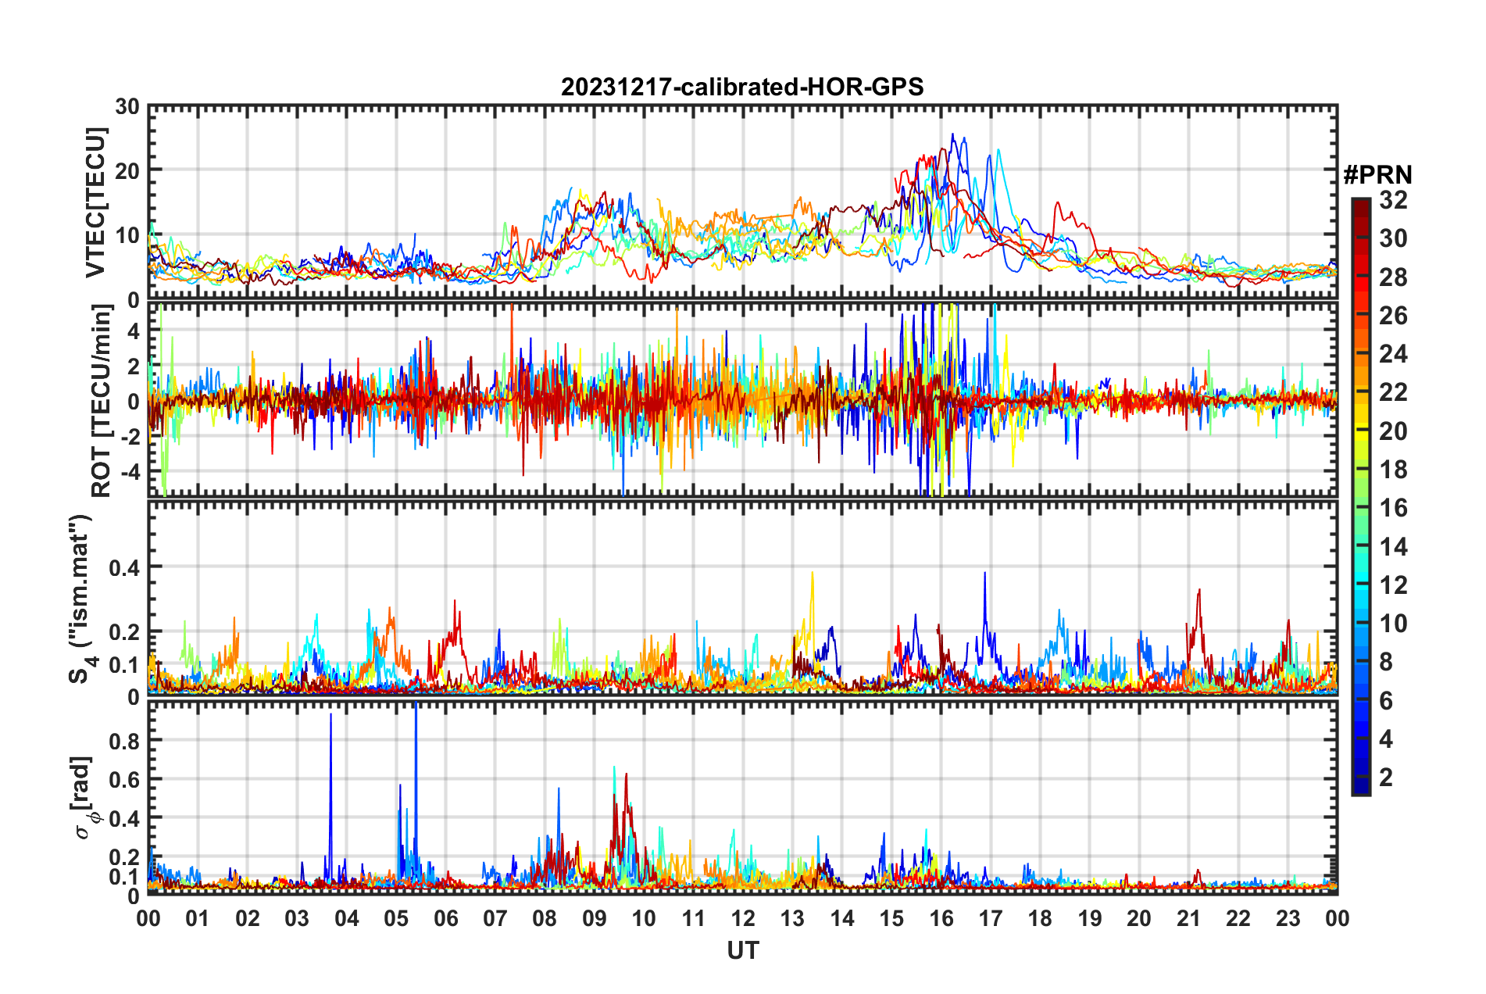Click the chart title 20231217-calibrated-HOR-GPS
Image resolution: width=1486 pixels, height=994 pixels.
point(742,87)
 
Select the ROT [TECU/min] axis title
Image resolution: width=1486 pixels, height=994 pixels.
point(102,400)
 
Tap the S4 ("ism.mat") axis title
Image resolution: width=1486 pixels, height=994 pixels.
point(81,599)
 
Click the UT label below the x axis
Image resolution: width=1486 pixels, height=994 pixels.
point(742,950)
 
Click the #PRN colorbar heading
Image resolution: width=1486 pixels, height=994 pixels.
point(1377,174)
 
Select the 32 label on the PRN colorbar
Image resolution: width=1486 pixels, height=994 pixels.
point(1393,200)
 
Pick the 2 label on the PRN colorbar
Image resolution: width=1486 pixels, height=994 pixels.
point(1386,778)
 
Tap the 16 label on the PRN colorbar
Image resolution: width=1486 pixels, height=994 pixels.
point(1393,508)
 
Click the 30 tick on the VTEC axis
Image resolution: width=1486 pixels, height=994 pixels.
point(127,107)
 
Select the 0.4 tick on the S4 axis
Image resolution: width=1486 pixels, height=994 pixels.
point(123,567)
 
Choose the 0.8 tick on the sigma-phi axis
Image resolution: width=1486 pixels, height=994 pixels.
point(123,740)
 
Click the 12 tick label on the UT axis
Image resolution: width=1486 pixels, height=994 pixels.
point(743,918)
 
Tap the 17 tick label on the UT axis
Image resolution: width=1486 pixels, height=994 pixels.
point(991,918)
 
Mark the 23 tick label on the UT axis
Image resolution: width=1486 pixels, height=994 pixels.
point(1288,918)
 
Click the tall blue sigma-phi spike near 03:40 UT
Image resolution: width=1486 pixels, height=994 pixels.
point(330,717)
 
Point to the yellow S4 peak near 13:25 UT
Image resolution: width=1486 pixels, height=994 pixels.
point(813,574)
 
